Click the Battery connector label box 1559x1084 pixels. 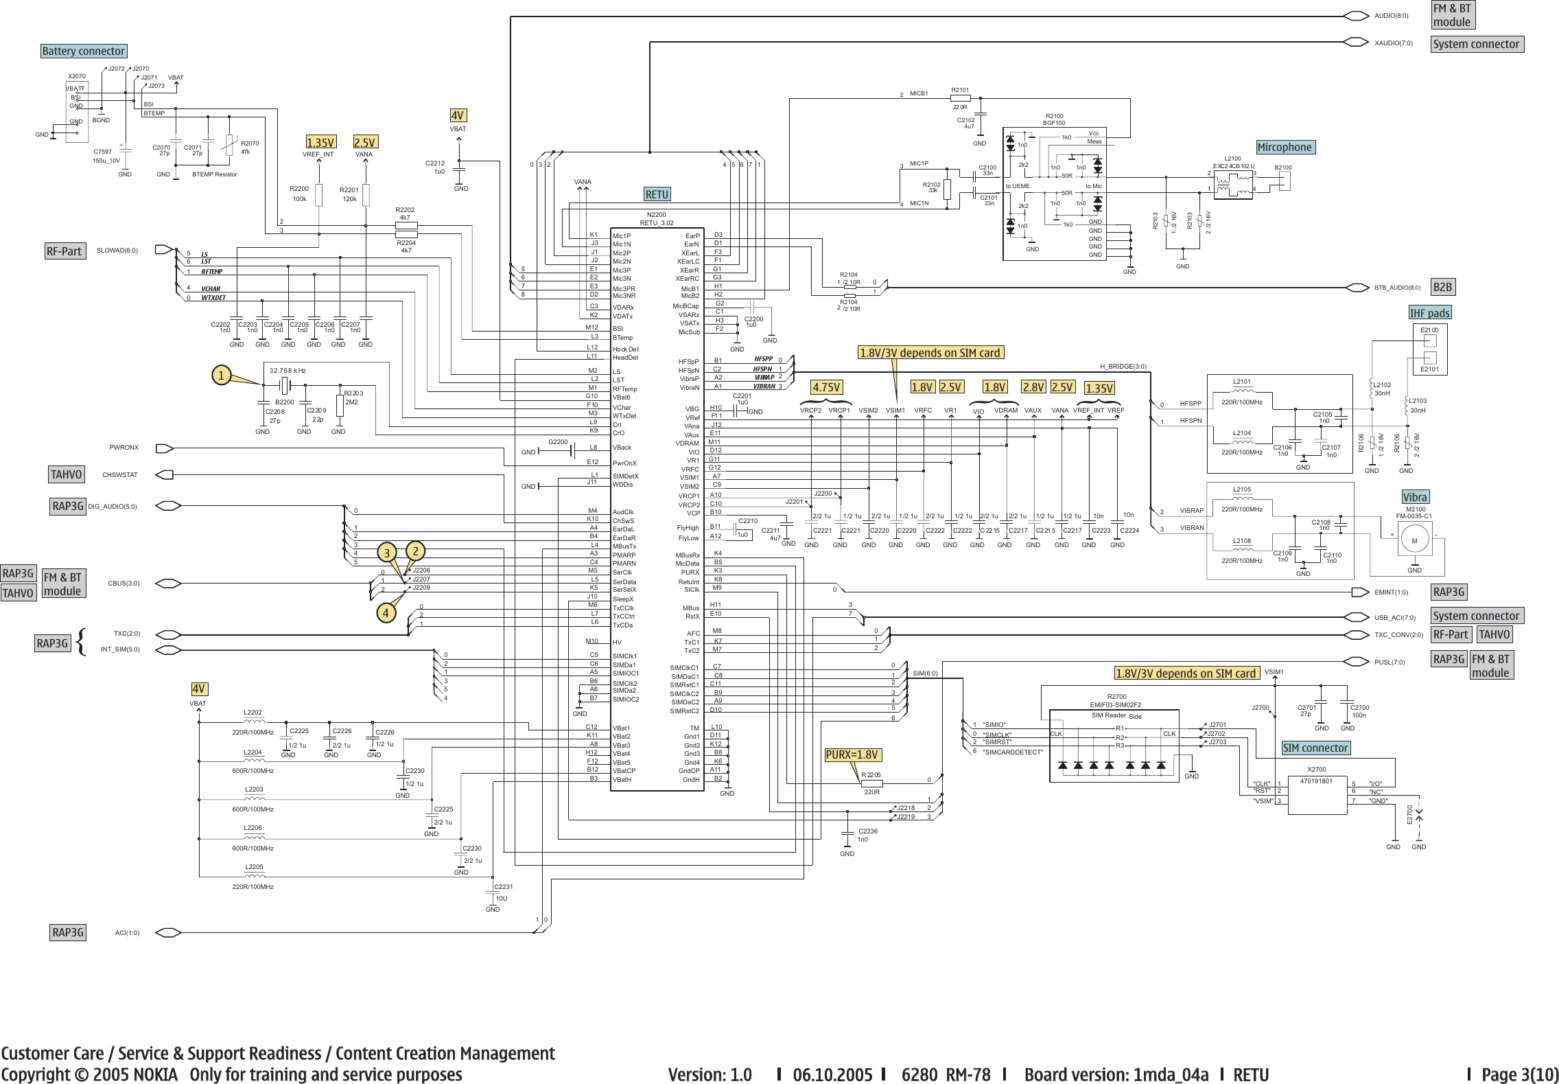84,51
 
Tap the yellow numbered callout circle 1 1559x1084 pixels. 221,376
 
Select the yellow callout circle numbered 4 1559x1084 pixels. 386,613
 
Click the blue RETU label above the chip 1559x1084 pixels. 657,195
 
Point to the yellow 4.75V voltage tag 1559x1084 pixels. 826,387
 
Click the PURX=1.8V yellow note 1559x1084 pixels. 852,755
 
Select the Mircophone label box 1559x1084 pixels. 1285,148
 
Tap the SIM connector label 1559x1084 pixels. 1315,748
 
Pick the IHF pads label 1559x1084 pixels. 1430,314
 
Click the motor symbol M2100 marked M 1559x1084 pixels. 1414,541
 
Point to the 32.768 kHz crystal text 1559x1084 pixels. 288,371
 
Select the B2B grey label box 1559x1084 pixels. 1442,288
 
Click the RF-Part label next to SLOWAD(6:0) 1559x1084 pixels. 64,252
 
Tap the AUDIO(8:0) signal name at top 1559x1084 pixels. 1391,16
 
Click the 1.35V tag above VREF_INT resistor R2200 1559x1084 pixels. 320,143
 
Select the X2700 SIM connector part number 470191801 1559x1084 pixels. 1316,781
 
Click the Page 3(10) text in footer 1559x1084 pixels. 1519,1074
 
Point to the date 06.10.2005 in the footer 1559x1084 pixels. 832,1074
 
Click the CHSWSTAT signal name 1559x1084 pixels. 120,475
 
